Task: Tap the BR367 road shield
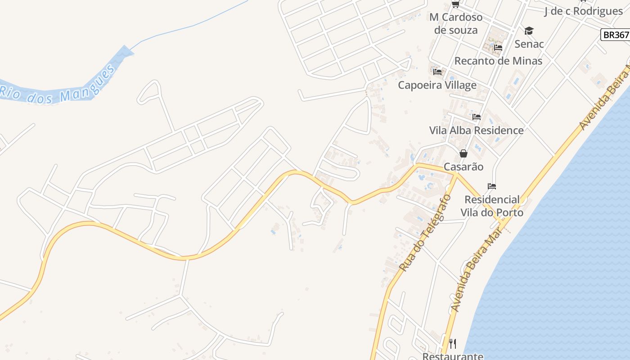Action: (x=616, y=35)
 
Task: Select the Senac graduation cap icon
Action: (x=529, y=31)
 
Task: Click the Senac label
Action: (x=529, y=44)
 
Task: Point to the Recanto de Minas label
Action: (x=498, y=61)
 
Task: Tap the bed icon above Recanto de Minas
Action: (x=498, y=47)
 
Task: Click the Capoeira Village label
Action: (x=437, y=85)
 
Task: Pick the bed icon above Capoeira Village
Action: (x=437, y=72)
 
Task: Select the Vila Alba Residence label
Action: (x=476, y=130)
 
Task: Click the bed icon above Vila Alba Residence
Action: (x=477, y=117)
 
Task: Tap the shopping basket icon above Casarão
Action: (x=463, y=153)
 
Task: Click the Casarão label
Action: (x=463, y=167)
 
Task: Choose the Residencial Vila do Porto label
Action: (x=492, y=206)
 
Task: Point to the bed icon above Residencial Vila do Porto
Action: (x=491, y=186)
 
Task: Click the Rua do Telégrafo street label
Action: (x=425, y=233)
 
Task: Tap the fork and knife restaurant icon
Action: (x=453, y=344)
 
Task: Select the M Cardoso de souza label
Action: (x=456, y=23)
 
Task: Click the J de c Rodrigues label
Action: (x=583, y=11)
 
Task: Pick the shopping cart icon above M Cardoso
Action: (x=455, y=4)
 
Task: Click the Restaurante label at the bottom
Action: (x=453, y=356)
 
